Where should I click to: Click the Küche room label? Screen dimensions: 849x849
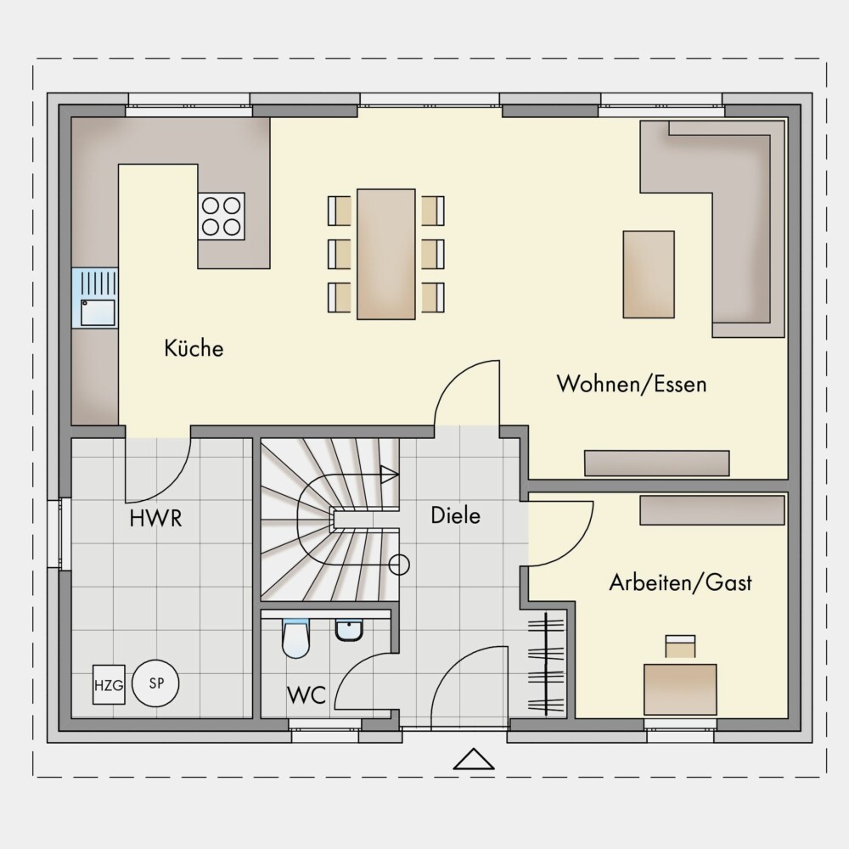pos(194,347)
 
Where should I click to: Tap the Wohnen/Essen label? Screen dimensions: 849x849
pos(632,384)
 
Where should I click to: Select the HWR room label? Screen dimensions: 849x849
pos(156,518)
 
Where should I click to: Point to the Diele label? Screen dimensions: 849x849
pos(455,515)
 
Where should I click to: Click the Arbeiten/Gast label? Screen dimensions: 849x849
pos(681,582)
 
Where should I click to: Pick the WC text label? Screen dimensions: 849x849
pos(306,694)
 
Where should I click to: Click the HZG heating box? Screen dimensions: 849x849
pos(109,685)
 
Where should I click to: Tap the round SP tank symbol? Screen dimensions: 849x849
pos(156,683)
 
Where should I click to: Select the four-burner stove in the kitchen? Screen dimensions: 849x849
pos(222,216)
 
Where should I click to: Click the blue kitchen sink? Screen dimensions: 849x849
pos(95,298)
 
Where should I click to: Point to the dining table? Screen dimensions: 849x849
pos(386,254)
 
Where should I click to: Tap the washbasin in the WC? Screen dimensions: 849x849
pos(350,630)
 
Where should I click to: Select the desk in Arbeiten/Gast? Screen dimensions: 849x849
pos(680,689)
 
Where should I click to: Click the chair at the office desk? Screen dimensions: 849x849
pos(680,646)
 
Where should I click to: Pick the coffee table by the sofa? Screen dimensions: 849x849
pos(649,274)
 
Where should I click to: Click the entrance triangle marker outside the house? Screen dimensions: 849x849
pos(474,759)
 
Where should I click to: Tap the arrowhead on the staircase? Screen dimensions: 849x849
pos(390,475)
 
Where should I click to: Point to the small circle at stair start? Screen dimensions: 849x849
pos(399,565)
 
